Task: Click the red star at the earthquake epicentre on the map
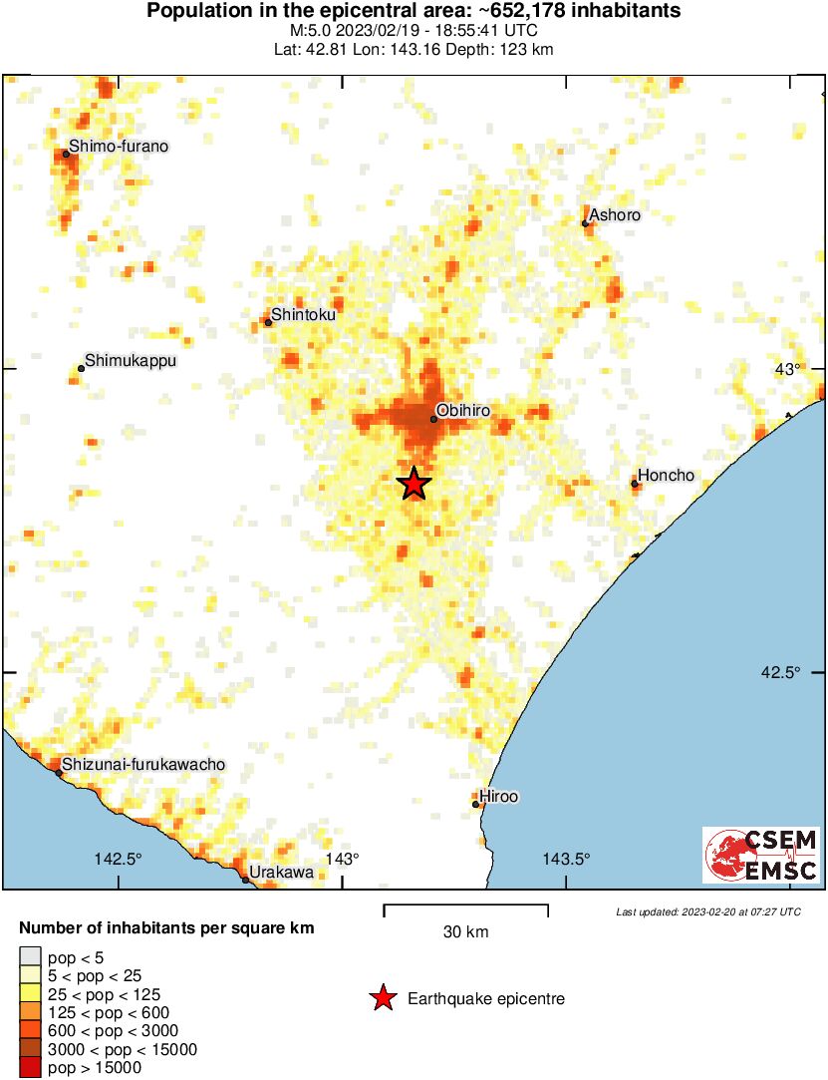pyautogui.click(x=414, y=484)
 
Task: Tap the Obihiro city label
pyautogui.click(x=463, y=410)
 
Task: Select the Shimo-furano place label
pyautogui.click(x=118, y=147)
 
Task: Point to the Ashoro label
pyautogui.click(x=614, y=215)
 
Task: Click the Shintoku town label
pyautogui.click(x=303, y=314)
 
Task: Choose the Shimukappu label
pyautogui.click(x=130, y=360)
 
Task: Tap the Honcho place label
pyautogui.click(x=666, y=476)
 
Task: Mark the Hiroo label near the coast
pyautogui.click(x=499, y=796)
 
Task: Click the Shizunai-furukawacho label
pyautogui.click(x=143, y=764)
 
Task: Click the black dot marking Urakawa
pyautogui.click(x=245, y=880)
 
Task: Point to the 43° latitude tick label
pyautogui.click(x=788, y=369)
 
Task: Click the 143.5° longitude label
pyautogui.click(x=566, y=859)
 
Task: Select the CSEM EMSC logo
pyautogui.click(x=761, y=855)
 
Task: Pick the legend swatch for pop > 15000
pyautogui.click(x=31, y=1068)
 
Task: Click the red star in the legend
pyautogui.click(x=382, y=998)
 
